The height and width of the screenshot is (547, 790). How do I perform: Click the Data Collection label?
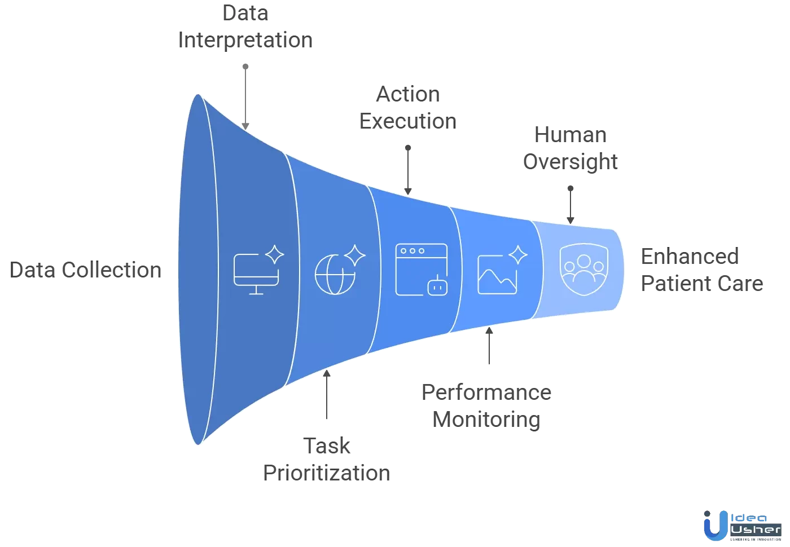coord(86,270)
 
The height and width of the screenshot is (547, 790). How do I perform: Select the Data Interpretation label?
coord(245,27)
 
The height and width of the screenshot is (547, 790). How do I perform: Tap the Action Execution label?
coord(408,108)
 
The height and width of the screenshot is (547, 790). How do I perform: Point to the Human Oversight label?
coord(570,148)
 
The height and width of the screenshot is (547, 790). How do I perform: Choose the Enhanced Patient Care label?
coord(701,270)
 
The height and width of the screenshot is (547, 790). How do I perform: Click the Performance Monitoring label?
coord(486,406)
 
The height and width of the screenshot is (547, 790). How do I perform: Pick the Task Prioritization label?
coord(326,460)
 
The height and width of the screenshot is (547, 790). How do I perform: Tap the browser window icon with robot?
coord(422,270)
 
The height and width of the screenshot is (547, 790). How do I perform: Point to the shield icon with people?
coord(584,270)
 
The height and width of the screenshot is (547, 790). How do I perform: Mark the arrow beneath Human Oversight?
coord(570,205)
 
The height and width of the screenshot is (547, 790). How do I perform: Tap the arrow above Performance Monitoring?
coord(489,345)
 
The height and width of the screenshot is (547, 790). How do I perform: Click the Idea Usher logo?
coord(741,526)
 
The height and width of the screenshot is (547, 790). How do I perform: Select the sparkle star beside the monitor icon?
coord(275,254)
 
